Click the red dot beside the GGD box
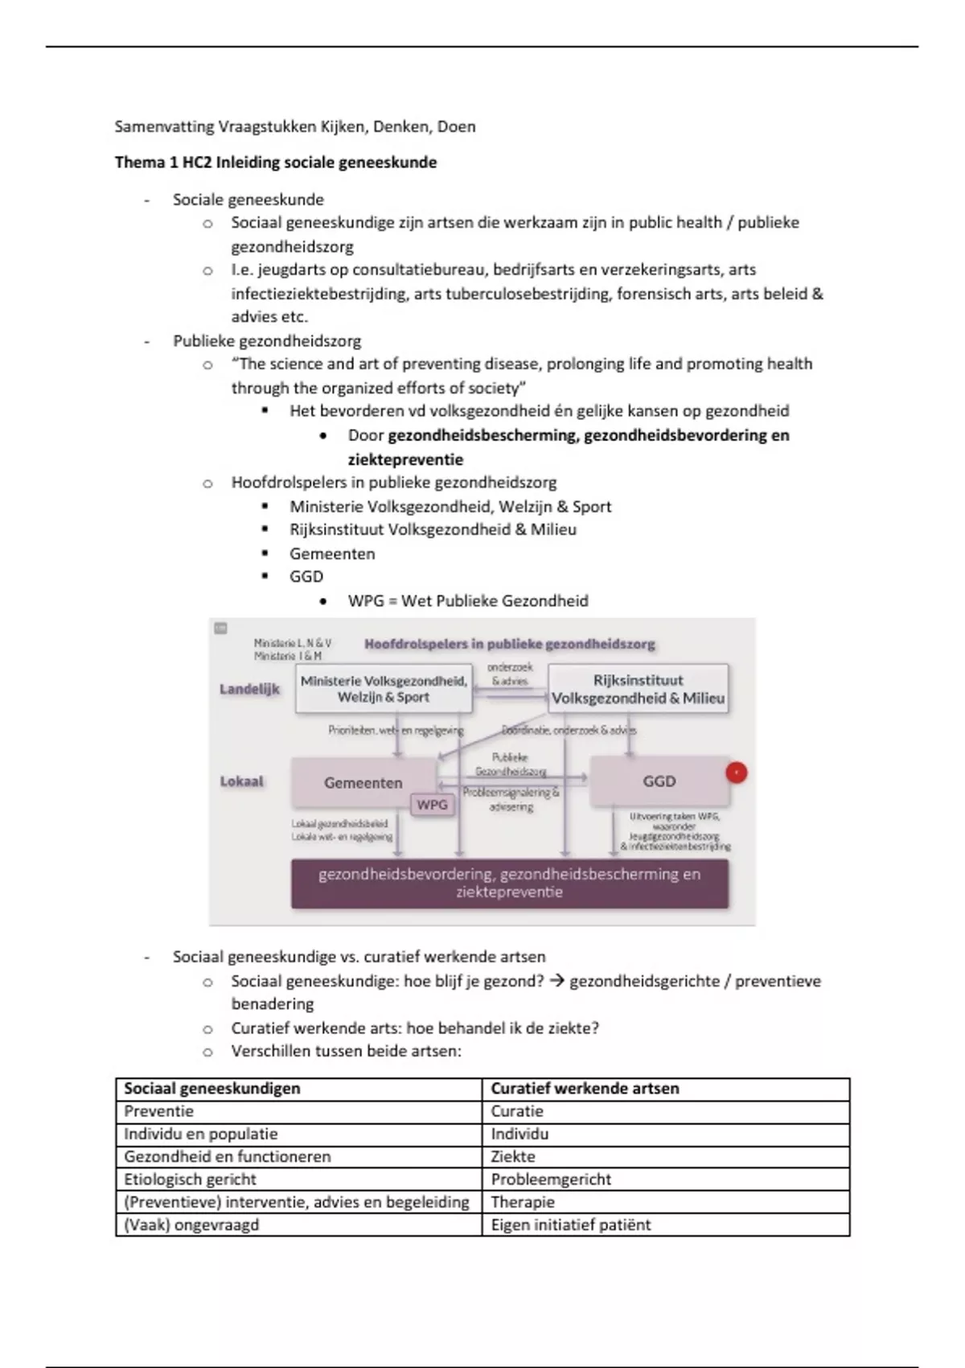click(736, 773)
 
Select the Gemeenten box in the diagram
click(363, 782)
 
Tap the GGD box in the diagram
click(659, 781)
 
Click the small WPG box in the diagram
click(432, 805)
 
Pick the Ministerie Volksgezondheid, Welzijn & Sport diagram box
click(384, 689)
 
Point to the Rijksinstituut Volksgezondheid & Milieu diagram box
click(639, 689)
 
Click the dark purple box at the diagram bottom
click(510, 883)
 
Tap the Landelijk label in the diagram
click(249, 690)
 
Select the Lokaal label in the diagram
click(241, 781)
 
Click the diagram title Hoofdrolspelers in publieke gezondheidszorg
click(509, 644)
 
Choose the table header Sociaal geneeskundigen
click(212, 1089)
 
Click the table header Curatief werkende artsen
click(585, 1089)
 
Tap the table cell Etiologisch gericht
click(190, 1180)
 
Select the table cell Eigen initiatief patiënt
click(571, 1225)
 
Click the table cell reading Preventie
click(158, 1111)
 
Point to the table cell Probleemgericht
click(551, 1180)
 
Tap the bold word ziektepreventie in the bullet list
click(405, 459)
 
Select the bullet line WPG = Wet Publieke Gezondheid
click(468, 601)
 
